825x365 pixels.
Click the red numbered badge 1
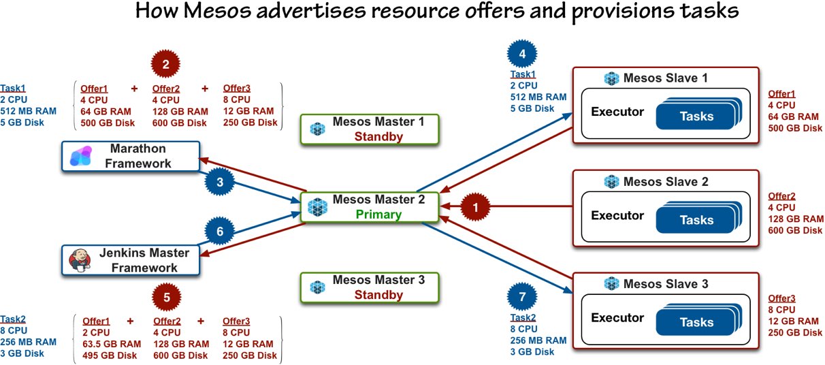coord(476,206)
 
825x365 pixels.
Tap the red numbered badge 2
coord(165,65)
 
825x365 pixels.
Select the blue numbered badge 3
coord(220,182)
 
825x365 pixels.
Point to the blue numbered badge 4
coord(522,54)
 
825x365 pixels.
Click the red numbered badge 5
coord(167,297)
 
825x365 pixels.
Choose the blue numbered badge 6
coord(220,232)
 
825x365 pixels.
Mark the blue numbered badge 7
coord(522,297)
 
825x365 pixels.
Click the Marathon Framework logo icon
coord(81,157)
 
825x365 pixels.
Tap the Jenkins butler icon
coord(81,259)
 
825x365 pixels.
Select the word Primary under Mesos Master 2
coord(378,215)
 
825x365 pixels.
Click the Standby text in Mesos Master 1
coord(378,137)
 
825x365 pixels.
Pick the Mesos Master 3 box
coord(370,287)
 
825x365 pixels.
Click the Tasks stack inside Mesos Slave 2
coord(696,220)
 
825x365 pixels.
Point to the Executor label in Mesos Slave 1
coord(617,112)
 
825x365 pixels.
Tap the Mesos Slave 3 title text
coord(666,283)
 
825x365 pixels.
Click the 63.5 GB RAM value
coord(112,344)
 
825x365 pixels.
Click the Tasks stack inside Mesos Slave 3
coord(696,323)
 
